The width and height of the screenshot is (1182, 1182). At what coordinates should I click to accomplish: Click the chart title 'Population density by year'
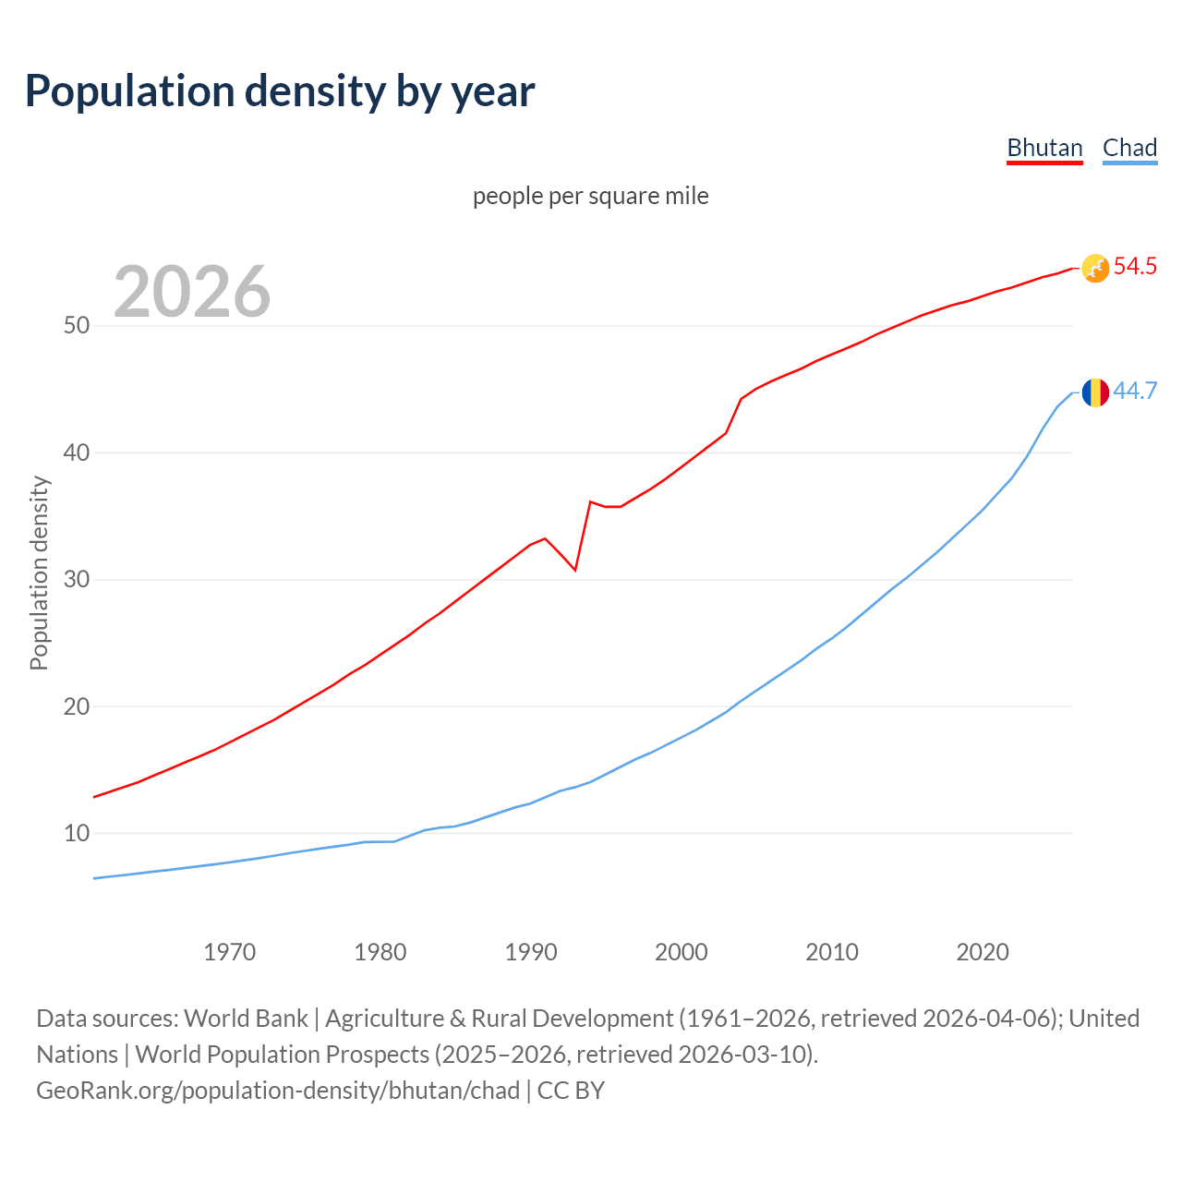coord(280,91)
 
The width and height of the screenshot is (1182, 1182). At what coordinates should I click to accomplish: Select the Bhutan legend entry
coord(1044,148)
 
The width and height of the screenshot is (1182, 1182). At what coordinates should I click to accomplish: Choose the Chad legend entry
coord(1129,148)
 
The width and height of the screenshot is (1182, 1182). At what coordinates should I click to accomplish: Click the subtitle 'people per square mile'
coord(590,197)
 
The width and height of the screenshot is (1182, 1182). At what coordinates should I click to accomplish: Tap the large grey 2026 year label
coord(192,292)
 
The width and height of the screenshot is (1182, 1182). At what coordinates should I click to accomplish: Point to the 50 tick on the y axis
coord(77,326)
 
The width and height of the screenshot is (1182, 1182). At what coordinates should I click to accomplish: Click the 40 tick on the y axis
coord(77,453)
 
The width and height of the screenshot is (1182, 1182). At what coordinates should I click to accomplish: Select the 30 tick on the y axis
coord(77,580)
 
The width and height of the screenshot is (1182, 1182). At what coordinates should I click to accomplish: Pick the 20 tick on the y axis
coord(77,706)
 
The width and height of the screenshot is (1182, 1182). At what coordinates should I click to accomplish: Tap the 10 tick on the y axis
coord(77,834)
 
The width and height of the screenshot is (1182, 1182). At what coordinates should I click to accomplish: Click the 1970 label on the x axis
coord(229,952)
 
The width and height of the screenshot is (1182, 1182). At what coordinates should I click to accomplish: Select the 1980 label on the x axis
coord(380,952)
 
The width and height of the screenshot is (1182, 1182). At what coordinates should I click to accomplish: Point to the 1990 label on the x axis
coord(531,952)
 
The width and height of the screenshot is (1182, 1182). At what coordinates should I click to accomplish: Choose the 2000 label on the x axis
coord(681,952)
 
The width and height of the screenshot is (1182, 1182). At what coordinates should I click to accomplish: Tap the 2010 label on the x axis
coord(832,952)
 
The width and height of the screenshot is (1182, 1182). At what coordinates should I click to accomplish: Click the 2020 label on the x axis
coord(983,952)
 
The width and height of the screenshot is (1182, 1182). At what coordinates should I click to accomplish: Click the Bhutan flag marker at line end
coord(1095,268)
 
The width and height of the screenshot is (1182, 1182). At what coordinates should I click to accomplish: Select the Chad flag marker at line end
coord(1095,392)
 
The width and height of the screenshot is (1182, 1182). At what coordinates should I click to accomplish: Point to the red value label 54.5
coord(1135,267)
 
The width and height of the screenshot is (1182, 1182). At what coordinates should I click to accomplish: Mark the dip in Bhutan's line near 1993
coord(575,570)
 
